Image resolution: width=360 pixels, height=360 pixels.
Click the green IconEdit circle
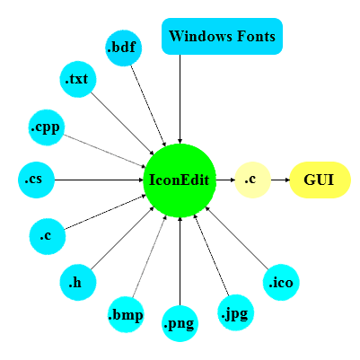click(180, 180)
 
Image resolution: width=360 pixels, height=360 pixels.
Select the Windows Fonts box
click(223, 36)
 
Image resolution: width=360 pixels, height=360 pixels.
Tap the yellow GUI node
click(320, 180)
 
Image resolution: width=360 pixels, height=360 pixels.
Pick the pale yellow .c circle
click(251, 180)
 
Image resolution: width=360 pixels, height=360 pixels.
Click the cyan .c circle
click(46, 236)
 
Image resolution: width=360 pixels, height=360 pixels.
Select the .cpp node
click(46, 127)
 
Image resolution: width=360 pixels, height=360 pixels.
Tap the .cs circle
click(35, 180)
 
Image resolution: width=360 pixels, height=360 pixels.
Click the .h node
click(76, 283)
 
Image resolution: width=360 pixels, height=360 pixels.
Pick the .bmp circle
click(125, 314)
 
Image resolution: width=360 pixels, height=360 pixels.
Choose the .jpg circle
click(236, 314)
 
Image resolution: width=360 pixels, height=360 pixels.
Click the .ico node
click(281, 283)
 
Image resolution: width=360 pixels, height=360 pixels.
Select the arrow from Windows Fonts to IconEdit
click(180, 99)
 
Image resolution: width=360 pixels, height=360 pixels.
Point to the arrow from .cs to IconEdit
click(99, 180)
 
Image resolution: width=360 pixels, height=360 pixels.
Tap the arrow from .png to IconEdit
click(180, 260)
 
